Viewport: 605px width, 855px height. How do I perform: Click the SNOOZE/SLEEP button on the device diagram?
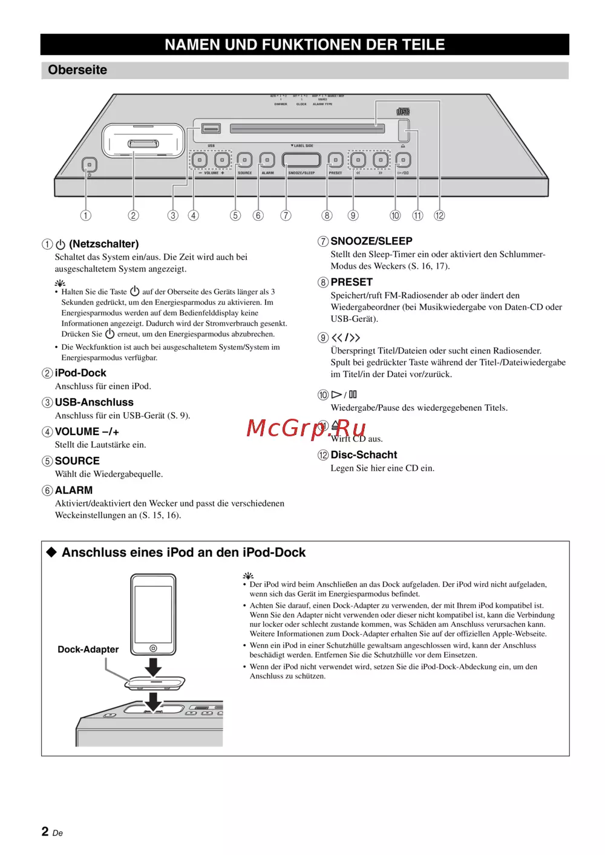click(301, 160)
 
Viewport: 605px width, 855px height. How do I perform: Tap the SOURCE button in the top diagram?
click(244, 160)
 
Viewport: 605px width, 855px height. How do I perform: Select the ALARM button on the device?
click(267, 160)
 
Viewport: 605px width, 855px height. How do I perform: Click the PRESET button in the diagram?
click(335, 160)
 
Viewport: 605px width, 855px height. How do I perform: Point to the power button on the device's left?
click(90, 165)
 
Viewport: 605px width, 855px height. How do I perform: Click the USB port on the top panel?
click(211, 128)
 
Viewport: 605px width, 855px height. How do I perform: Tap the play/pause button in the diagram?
click(403, 160)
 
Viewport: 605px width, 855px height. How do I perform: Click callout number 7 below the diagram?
click(286, 215)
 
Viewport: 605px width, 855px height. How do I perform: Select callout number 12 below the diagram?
click(439, 215)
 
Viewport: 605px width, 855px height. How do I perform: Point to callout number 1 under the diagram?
click(86, 215)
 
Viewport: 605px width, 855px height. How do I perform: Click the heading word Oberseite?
click(77, 70)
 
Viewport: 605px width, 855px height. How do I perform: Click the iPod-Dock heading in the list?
click(80, 373)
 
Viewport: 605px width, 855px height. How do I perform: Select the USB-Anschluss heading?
click(94, 402)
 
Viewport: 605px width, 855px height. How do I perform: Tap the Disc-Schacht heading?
click(364, 455)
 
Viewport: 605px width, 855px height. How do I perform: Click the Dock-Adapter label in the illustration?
click(88, 649)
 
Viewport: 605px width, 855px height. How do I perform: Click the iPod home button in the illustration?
click(153, 648)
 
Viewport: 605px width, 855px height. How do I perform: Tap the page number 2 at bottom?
click(45, 831)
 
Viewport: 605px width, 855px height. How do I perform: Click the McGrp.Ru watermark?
click(306, 428)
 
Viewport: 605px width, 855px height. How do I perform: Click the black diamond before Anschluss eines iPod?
click(51, 552)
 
